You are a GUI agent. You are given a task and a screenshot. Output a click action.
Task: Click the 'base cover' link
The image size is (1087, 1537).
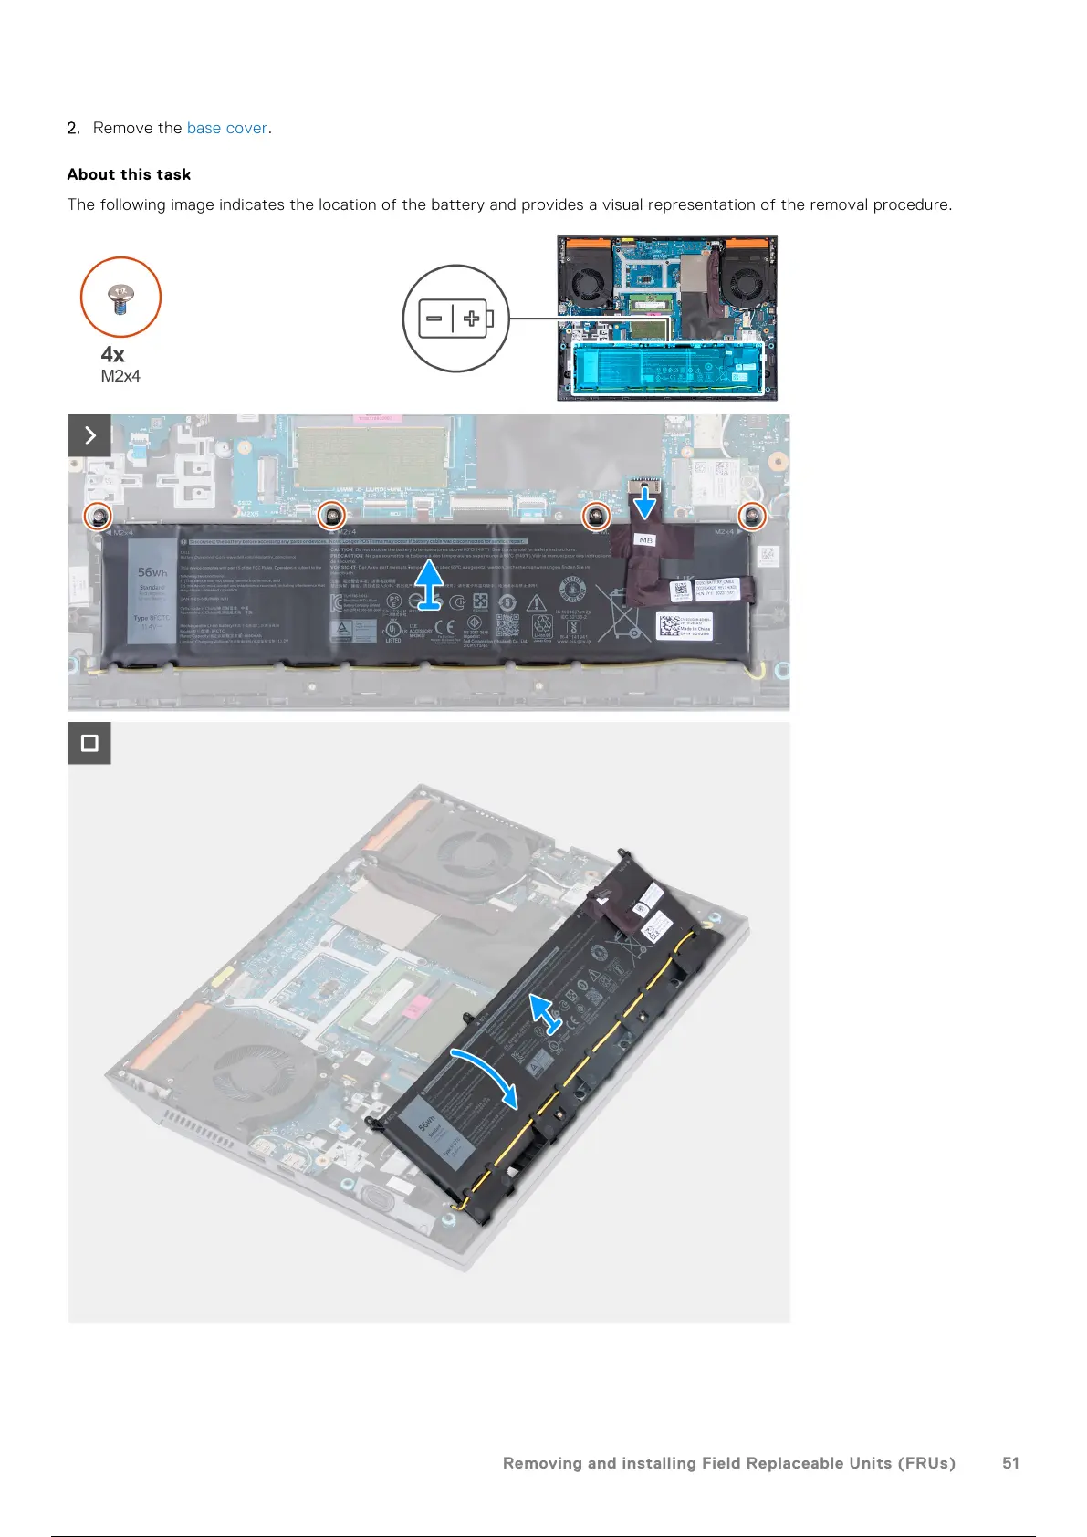pos(227,128)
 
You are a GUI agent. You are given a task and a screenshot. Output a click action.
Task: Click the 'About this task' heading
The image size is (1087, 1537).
pos(129,174)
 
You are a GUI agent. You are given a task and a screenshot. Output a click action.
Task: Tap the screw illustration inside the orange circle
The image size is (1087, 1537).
pos(120,297)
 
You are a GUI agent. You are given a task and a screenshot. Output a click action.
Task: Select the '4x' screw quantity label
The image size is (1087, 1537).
pos(112,354)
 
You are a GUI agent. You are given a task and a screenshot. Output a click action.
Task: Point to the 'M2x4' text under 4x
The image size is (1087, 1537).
pos(120,376)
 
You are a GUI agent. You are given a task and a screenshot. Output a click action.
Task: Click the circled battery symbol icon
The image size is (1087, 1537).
pos(455,319)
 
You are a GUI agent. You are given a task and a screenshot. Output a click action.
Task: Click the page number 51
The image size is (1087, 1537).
pos(1010,1463)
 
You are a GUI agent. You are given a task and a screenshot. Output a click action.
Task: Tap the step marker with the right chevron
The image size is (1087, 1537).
pos(89,435)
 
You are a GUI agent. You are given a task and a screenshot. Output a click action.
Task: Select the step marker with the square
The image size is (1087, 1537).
pos(89,743)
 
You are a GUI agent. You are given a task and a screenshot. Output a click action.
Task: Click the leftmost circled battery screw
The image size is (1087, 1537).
pos(99,517)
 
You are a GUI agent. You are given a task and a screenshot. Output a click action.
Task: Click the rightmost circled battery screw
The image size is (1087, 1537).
pos(752,517)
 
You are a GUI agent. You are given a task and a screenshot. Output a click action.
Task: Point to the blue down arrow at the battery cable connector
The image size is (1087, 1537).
pos(645,501)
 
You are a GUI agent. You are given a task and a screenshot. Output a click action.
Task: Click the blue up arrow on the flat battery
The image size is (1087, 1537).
pos(429,584)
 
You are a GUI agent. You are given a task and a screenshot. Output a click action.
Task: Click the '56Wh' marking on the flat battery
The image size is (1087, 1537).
pos(152,572)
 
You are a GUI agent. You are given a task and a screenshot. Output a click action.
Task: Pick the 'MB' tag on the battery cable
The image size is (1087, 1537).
pos(646,540)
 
